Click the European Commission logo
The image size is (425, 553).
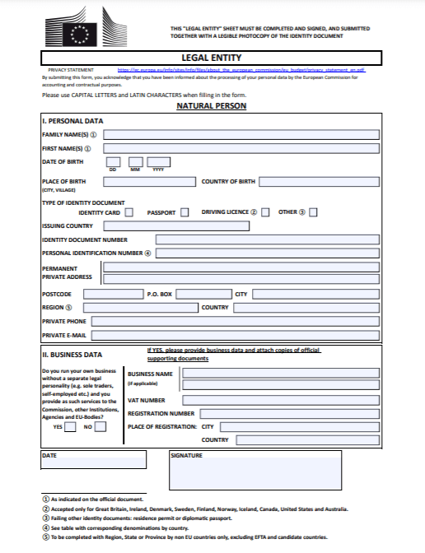click(81, 30)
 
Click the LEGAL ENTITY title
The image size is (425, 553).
click(211, 58)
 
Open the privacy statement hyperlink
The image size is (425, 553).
click(241, 71)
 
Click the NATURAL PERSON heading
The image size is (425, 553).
click(211, 105)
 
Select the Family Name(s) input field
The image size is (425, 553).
click(241, 133)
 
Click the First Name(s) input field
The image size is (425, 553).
click(241, 148)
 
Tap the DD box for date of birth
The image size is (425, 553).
click(113, 162)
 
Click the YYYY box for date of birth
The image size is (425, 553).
click(158, 162)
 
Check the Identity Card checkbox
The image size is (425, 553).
click(129, 212)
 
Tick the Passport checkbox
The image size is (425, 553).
click(184, 212)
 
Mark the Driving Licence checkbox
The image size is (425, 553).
click(265, 212)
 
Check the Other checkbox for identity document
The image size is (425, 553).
click(313, 212)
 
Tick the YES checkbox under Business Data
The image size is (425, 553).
click(70, 427)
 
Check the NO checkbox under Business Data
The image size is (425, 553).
click(100, 427)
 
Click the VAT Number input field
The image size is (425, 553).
click(280, 400)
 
